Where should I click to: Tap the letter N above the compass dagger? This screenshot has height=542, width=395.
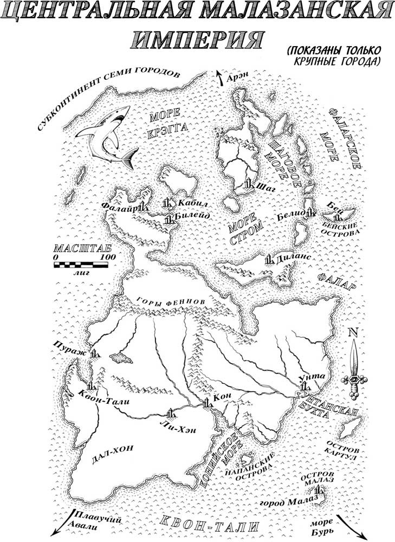point(353,333)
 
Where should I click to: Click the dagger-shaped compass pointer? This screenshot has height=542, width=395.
point(353,369)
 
